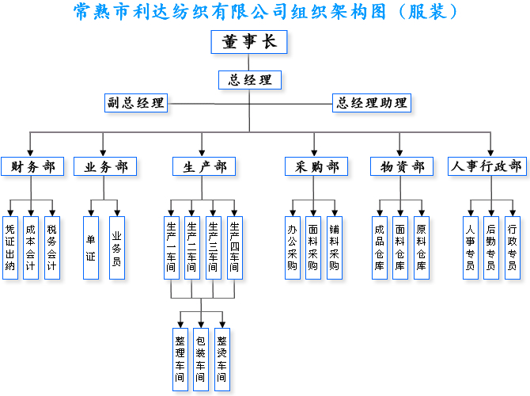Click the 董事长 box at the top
click(249, 42)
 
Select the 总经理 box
click(249, 80)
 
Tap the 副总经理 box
click(135, 103)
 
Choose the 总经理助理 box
click(372, 103)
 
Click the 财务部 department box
click(32, 166)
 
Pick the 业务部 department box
click(105, 166)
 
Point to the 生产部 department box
click(204, 166)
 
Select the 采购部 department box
click(316, 166)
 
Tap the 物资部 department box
click(402, 166)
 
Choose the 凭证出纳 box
click(10, 247)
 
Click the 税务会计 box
click(52, 247)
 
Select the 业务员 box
click(117, 247)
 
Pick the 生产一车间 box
click(172, 247)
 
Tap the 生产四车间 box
click(234, 247)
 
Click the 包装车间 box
click(201, 359)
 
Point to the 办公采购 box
click(293, 247)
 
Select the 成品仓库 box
click(380, 247)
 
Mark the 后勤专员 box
click(491, 247)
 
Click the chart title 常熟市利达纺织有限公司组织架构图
click(265, 12)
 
